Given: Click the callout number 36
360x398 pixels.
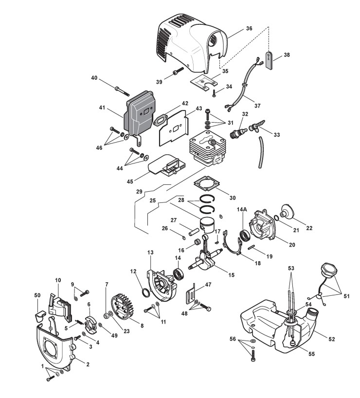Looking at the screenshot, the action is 249,28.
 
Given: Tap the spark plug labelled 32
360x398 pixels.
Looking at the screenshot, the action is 238,132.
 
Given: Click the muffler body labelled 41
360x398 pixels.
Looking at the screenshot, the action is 138,115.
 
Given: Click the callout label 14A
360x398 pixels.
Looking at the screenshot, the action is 242,209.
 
